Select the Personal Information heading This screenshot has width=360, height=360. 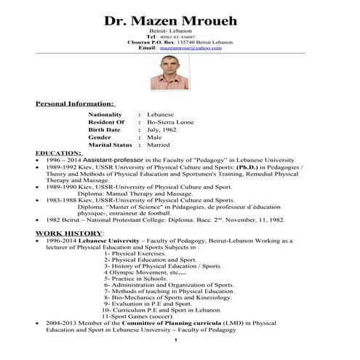75,104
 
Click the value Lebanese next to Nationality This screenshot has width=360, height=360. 161,115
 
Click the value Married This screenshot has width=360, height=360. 159,145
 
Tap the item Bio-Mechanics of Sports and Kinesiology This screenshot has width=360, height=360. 181,297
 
